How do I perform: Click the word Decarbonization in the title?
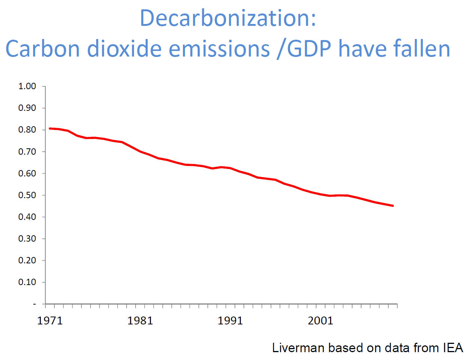tap(228, 18)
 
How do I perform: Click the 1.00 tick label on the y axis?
tap(27, 86)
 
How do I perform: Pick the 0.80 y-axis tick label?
tap(27, 130)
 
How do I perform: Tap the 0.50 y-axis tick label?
tap(27, 195)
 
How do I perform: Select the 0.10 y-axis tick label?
tap(27, 282)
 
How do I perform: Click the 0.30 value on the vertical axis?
tap(27, 239)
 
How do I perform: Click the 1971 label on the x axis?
tap(50, 321)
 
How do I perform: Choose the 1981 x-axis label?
tap(140, 321)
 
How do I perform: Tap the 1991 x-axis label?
tap(230, 321)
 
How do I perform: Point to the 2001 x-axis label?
tap(320, 321)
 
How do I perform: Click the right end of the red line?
tap(393, 206)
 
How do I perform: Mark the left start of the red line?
tap(50, 128)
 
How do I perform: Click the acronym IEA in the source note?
tap(453, 348)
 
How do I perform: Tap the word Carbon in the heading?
tap(43, 49)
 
